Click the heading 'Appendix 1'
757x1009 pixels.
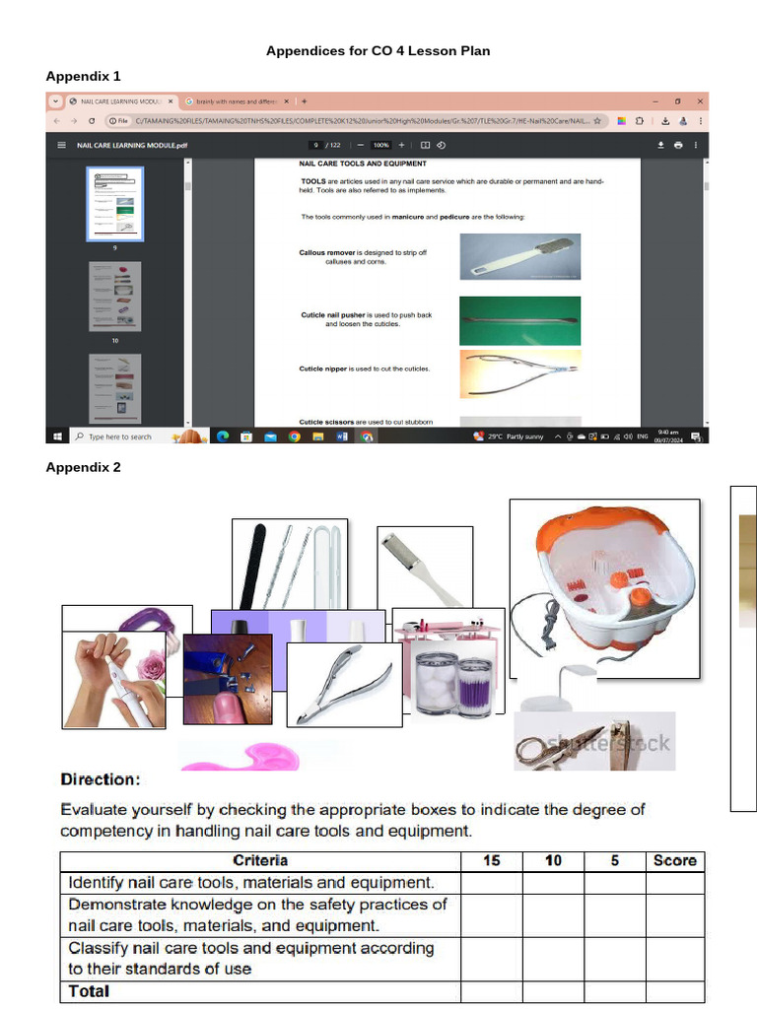point(83,76)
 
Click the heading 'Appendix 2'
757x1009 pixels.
point(83,467)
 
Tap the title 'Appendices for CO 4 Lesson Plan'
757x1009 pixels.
point(378,50)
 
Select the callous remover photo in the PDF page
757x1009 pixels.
point(519,256)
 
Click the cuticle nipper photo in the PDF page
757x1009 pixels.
point(519,369)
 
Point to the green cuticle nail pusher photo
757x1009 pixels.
point(519,320)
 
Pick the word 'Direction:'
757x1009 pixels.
point(101,779)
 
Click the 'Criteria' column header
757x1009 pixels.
point(260,860)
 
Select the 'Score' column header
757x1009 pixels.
point(674,860)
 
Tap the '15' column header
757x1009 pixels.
point(491,860)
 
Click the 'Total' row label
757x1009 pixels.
point(89,991)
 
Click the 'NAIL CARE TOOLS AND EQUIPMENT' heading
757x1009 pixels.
point(363,164)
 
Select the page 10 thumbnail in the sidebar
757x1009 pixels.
point(115,296)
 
